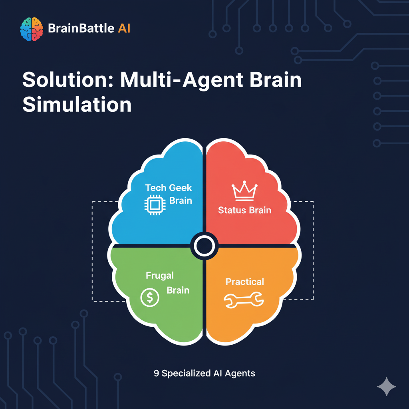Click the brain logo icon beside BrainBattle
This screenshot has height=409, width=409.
coord(32,29)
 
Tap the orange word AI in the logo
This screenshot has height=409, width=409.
coord(124,29)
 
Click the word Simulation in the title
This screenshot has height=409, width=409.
coord(77,105)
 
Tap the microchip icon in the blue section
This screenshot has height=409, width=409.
coord(152,205)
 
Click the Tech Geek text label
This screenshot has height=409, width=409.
coord(169,188)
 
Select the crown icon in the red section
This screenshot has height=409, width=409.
coord(244,191)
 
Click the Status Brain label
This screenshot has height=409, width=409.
coord(244,210)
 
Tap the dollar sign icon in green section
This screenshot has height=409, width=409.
coord(150,298)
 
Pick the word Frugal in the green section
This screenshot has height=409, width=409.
coord(160,276)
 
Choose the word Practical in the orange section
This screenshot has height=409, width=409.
coord(245,282)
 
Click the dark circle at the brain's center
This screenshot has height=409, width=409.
coord(204,246)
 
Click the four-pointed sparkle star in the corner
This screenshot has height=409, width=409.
coord(387,386)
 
